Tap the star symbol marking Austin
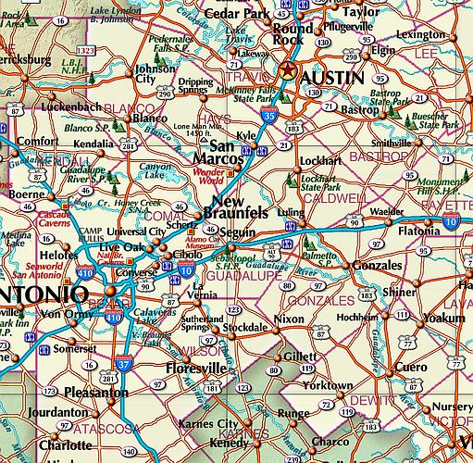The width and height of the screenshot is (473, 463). (289, 72)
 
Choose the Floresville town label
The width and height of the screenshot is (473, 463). (194, 368)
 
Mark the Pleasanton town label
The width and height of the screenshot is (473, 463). (95, 394)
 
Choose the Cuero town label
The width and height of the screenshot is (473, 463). (432, 365)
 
